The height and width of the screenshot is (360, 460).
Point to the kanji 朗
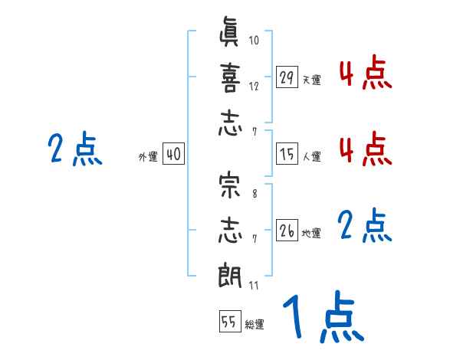[x=229, y=273]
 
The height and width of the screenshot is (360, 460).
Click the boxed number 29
[x=287, y=77]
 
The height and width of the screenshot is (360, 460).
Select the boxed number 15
[x=287, y=154]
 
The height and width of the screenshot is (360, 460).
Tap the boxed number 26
[x=287, y=230]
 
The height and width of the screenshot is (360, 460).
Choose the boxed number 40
[x=173, y=154]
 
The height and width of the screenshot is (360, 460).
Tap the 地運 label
[x=311, y=233]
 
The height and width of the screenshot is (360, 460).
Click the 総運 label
[x=255, y=325]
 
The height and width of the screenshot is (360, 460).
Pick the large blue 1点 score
[x=321, y=318]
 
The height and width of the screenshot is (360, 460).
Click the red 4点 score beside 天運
[x=364, y=74]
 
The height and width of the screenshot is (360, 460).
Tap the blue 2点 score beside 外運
[x=75, y=149]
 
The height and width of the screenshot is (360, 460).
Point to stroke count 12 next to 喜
[x=254, y=86]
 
